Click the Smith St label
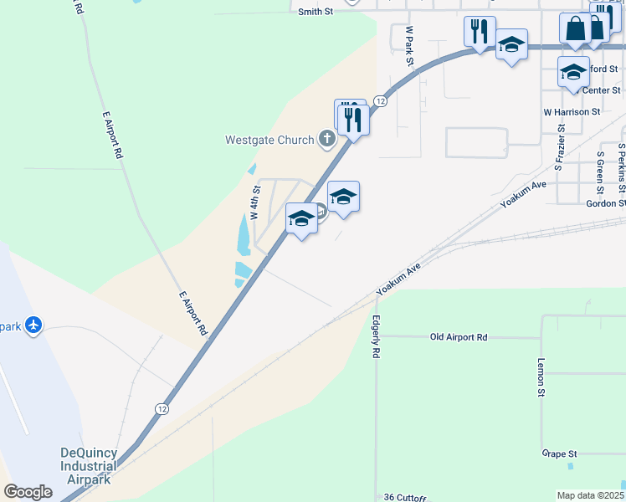click(316, 13)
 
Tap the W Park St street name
click(409, 45)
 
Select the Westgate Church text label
click(269, 140)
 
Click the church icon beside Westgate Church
click(327, 140)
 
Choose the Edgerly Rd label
click(377, 336)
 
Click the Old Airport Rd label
click(459, 337)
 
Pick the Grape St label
click(560, 453)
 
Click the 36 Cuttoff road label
click(405, 496)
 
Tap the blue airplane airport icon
click(33, 325)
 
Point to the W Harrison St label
click(572, 111)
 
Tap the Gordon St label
click(606, 203)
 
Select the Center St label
click(601, 90)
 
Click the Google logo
click(28, 492)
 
